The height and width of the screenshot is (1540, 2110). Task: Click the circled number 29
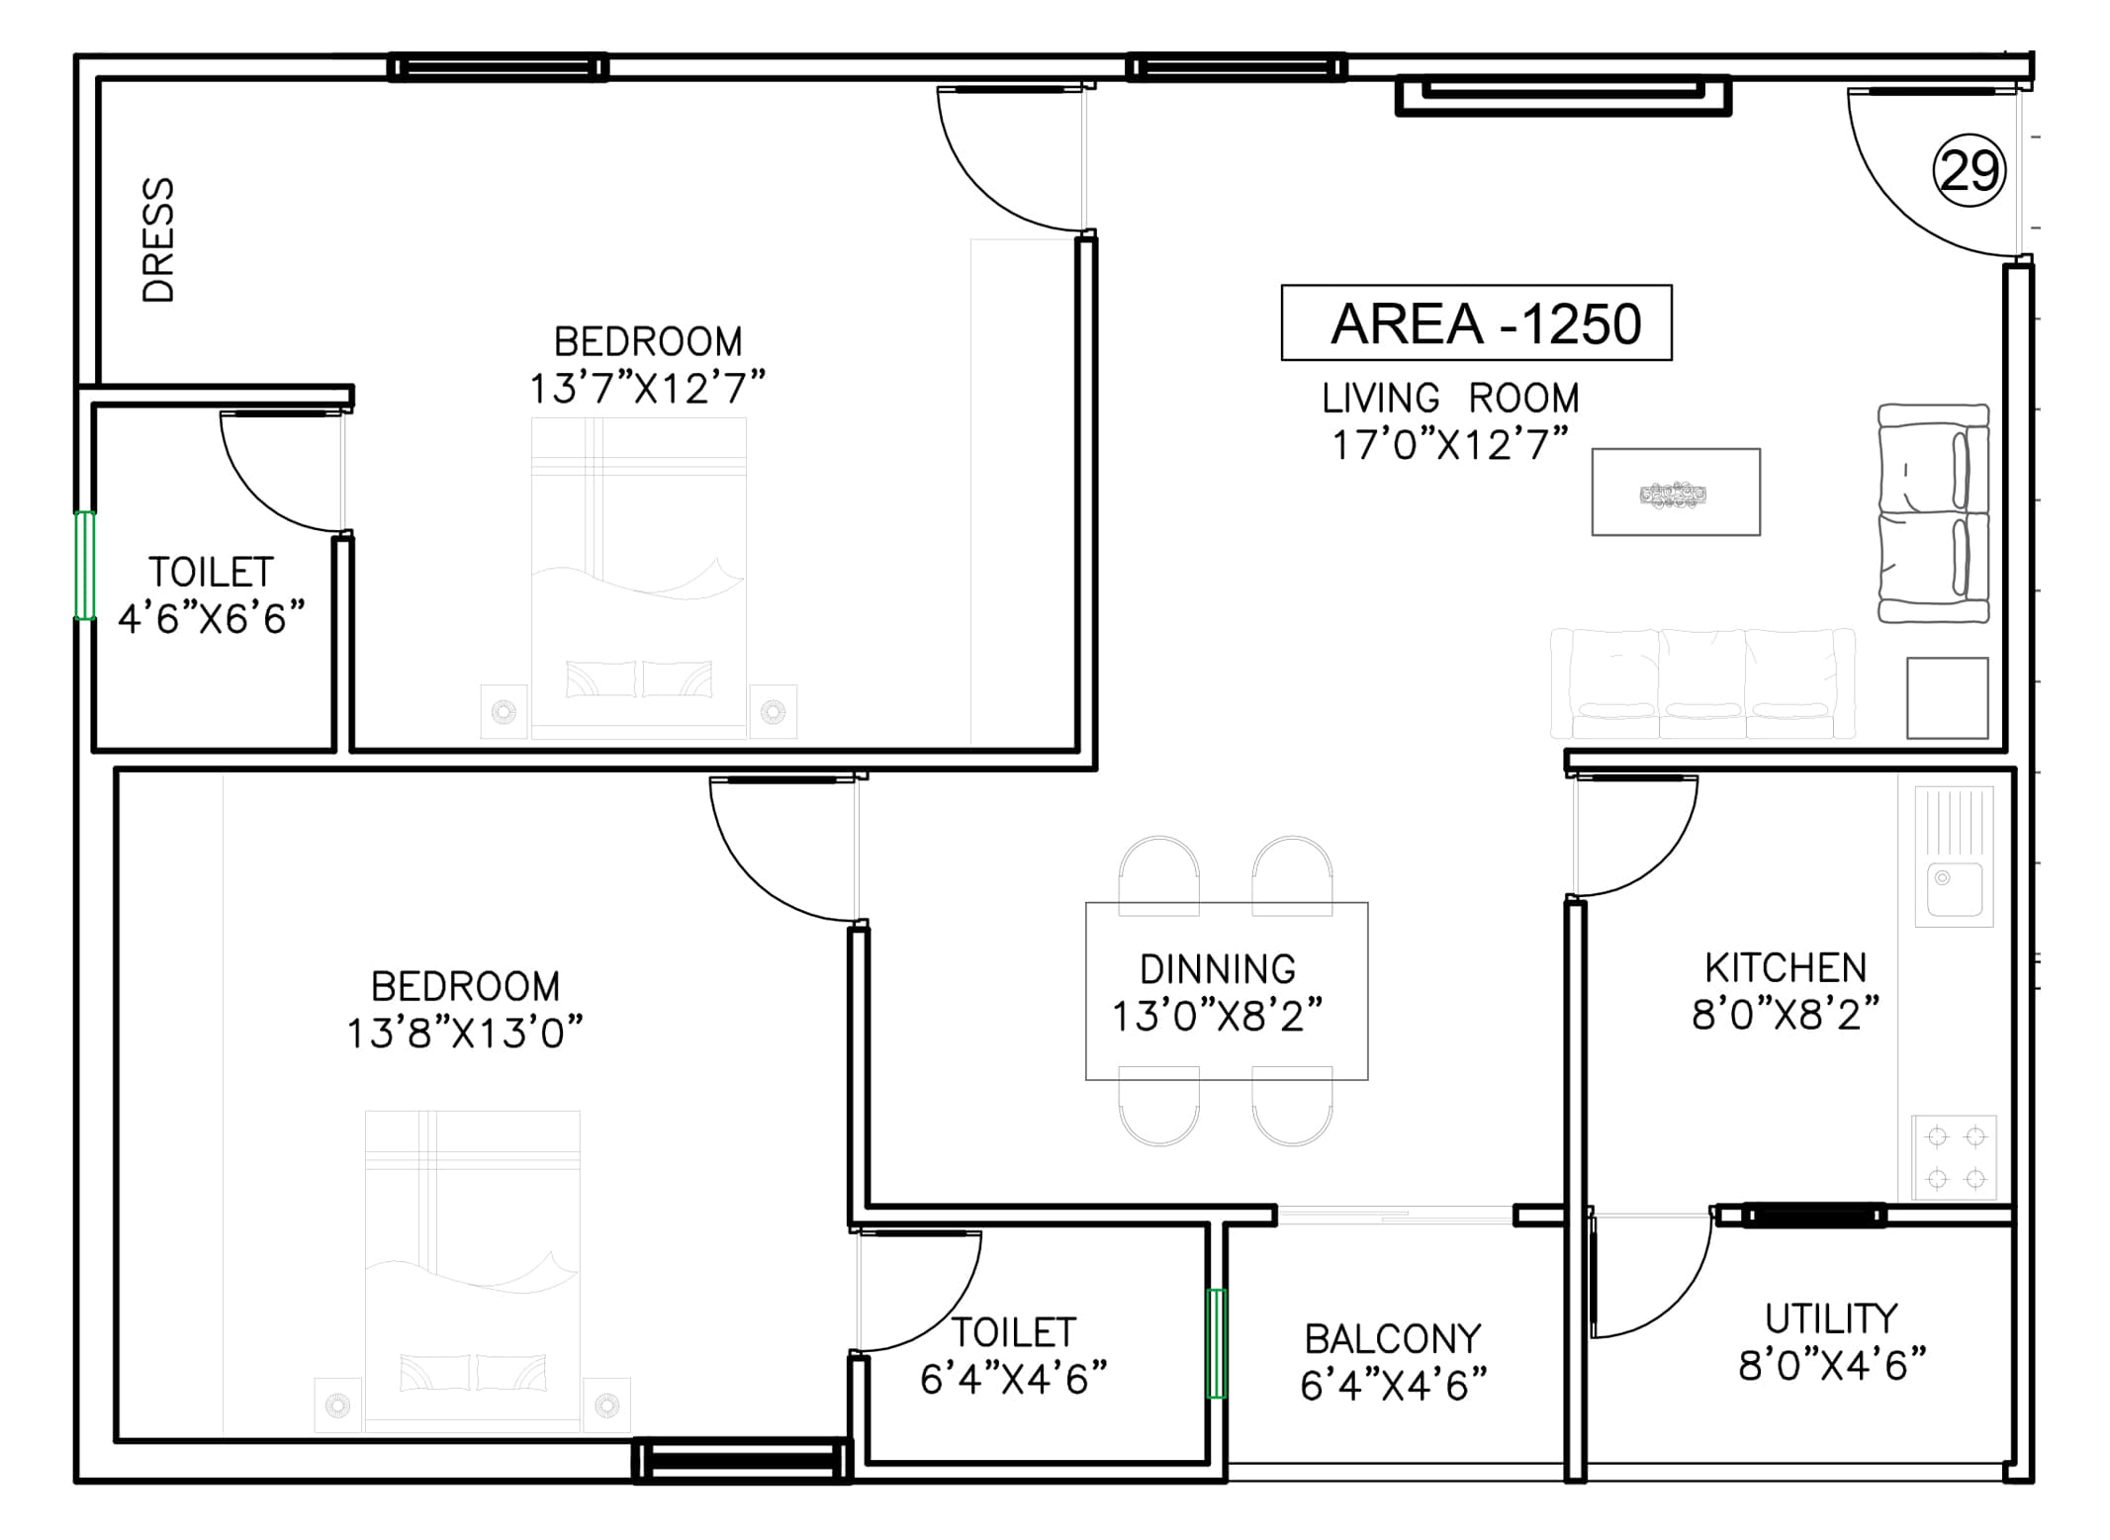pos(1969,172)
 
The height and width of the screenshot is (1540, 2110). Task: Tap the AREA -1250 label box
pos(1476,323)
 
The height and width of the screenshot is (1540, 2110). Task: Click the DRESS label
pos(159,239)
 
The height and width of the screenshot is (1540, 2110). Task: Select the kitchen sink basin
pos(1953,889)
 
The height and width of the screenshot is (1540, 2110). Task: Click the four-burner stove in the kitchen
pos(1955,1157)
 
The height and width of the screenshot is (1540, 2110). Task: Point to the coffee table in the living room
pos(1675,493)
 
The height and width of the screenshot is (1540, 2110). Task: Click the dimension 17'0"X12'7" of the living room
pos(1449,446)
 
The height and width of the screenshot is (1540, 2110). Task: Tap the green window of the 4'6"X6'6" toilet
pos(85,566)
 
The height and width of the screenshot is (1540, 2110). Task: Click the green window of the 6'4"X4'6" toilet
pos(1217,1343)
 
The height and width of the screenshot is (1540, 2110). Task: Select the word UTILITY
pos(1831,1319)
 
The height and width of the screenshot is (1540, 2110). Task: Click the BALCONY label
pos(1393,1339)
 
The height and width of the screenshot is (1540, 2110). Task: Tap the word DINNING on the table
pos(1217,969)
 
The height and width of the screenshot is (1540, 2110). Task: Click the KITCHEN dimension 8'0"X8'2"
pos(1785,1015)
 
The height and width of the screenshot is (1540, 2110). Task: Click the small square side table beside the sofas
pos(1947,698)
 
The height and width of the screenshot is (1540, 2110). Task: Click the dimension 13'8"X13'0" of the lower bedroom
pos(464,1034)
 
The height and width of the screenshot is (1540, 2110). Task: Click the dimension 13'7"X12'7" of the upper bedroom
pos(647,389)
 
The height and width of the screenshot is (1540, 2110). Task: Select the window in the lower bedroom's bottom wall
pos(742,1461)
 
